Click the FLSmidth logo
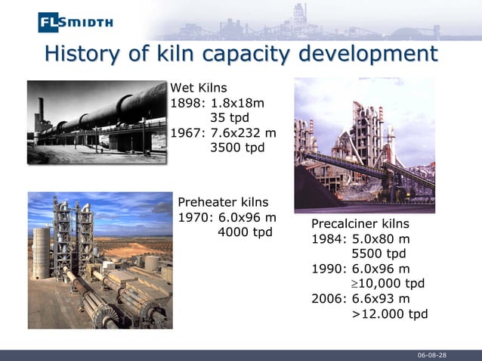tap(76, 22)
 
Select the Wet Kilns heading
tap(199, 88)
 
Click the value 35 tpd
tap(229, 118)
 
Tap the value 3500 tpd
tap(236, 148)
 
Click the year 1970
tap(194, 217)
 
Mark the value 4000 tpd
tap(244, 232)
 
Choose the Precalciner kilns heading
tap(360, 224)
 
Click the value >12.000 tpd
tap(390, 313)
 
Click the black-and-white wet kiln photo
tap(96, 122)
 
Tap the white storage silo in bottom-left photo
tap(41, 252)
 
